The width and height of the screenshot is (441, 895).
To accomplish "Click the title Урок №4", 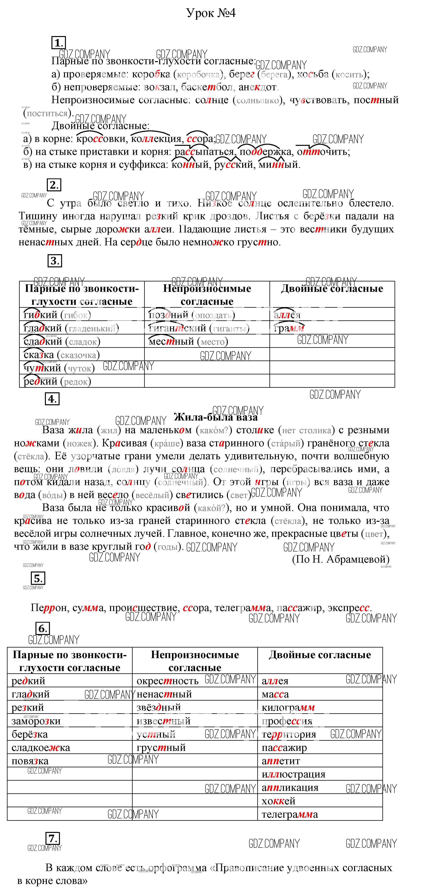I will coord(211,13).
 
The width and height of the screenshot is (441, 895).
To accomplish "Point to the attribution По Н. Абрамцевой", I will coord(341,559).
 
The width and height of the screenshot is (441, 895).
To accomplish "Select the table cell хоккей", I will coord(279,801).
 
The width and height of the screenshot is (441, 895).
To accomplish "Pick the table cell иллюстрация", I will coord(293,774).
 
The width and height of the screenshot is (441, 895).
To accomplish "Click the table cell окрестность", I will coord(167,681).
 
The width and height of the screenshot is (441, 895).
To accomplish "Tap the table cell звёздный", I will coord(159,707).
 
